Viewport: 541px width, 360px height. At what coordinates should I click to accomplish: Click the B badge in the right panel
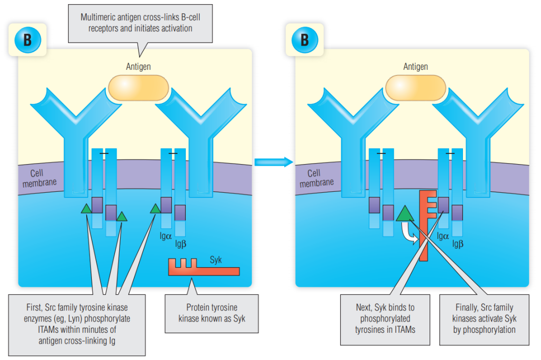[x=305, y=41]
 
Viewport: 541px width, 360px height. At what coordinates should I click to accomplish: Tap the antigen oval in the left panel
[x=138, y=88]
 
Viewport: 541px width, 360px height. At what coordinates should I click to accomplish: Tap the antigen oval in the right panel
[x=415, y=88]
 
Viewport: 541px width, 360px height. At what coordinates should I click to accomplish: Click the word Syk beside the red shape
[x=216, y=259]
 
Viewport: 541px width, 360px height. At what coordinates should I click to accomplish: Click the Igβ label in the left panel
[x=180, y=244]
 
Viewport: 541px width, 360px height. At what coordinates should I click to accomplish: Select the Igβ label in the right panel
[x=458, y=244]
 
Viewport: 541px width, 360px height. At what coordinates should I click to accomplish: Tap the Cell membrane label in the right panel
[x=316, y=178]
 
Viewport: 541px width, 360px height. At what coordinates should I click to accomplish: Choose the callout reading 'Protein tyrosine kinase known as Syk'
[x=211, y=313]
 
